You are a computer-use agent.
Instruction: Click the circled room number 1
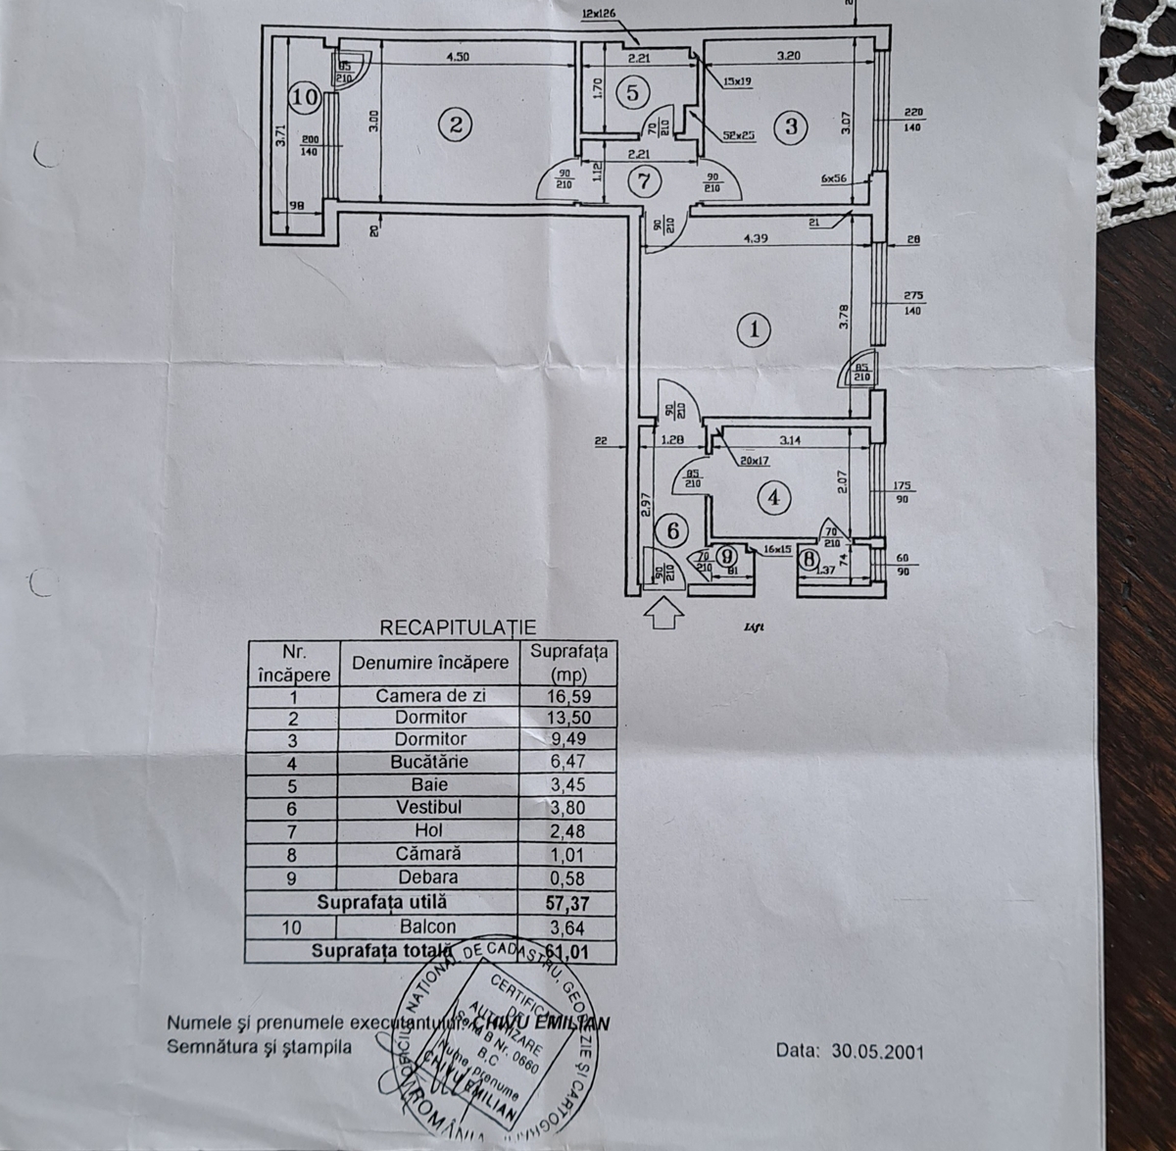(x=754, y=329)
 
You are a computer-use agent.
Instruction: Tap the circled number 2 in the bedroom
(x=455, y=125)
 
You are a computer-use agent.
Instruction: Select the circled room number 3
(x=791, y=125)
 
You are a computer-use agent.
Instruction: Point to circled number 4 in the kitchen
(x=773, y=498)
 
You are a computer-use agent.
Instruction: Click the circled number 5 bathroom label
(x=632, y=93)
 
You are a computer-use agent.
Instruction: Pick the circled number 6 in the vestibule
(x=672, y=530)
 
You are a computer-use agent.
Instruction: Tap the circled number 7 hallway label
(x=643, y=181)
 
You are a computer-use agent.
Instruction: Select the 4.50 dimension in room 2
(x=458, y=57)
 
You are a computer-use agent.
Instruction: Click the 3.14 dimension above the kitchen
(x=790, y=441)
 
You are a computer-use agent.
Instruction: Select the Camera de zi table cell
(x=431, y=696)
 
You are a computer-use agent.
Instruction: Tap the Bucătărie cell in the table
(x=431, y=762)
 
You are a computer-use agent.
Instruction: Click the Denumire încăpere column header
(x=431, y=663)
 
